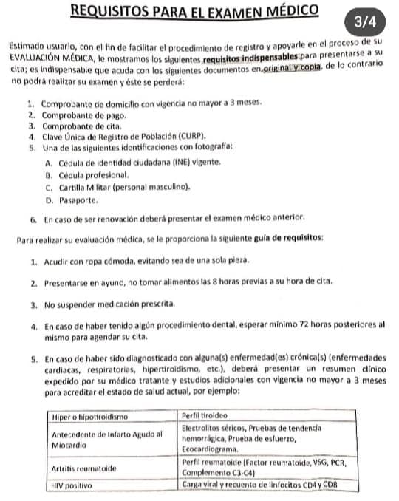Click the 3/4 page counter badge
point(365,22)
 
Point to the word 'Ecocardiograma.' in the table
point(210,449)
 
